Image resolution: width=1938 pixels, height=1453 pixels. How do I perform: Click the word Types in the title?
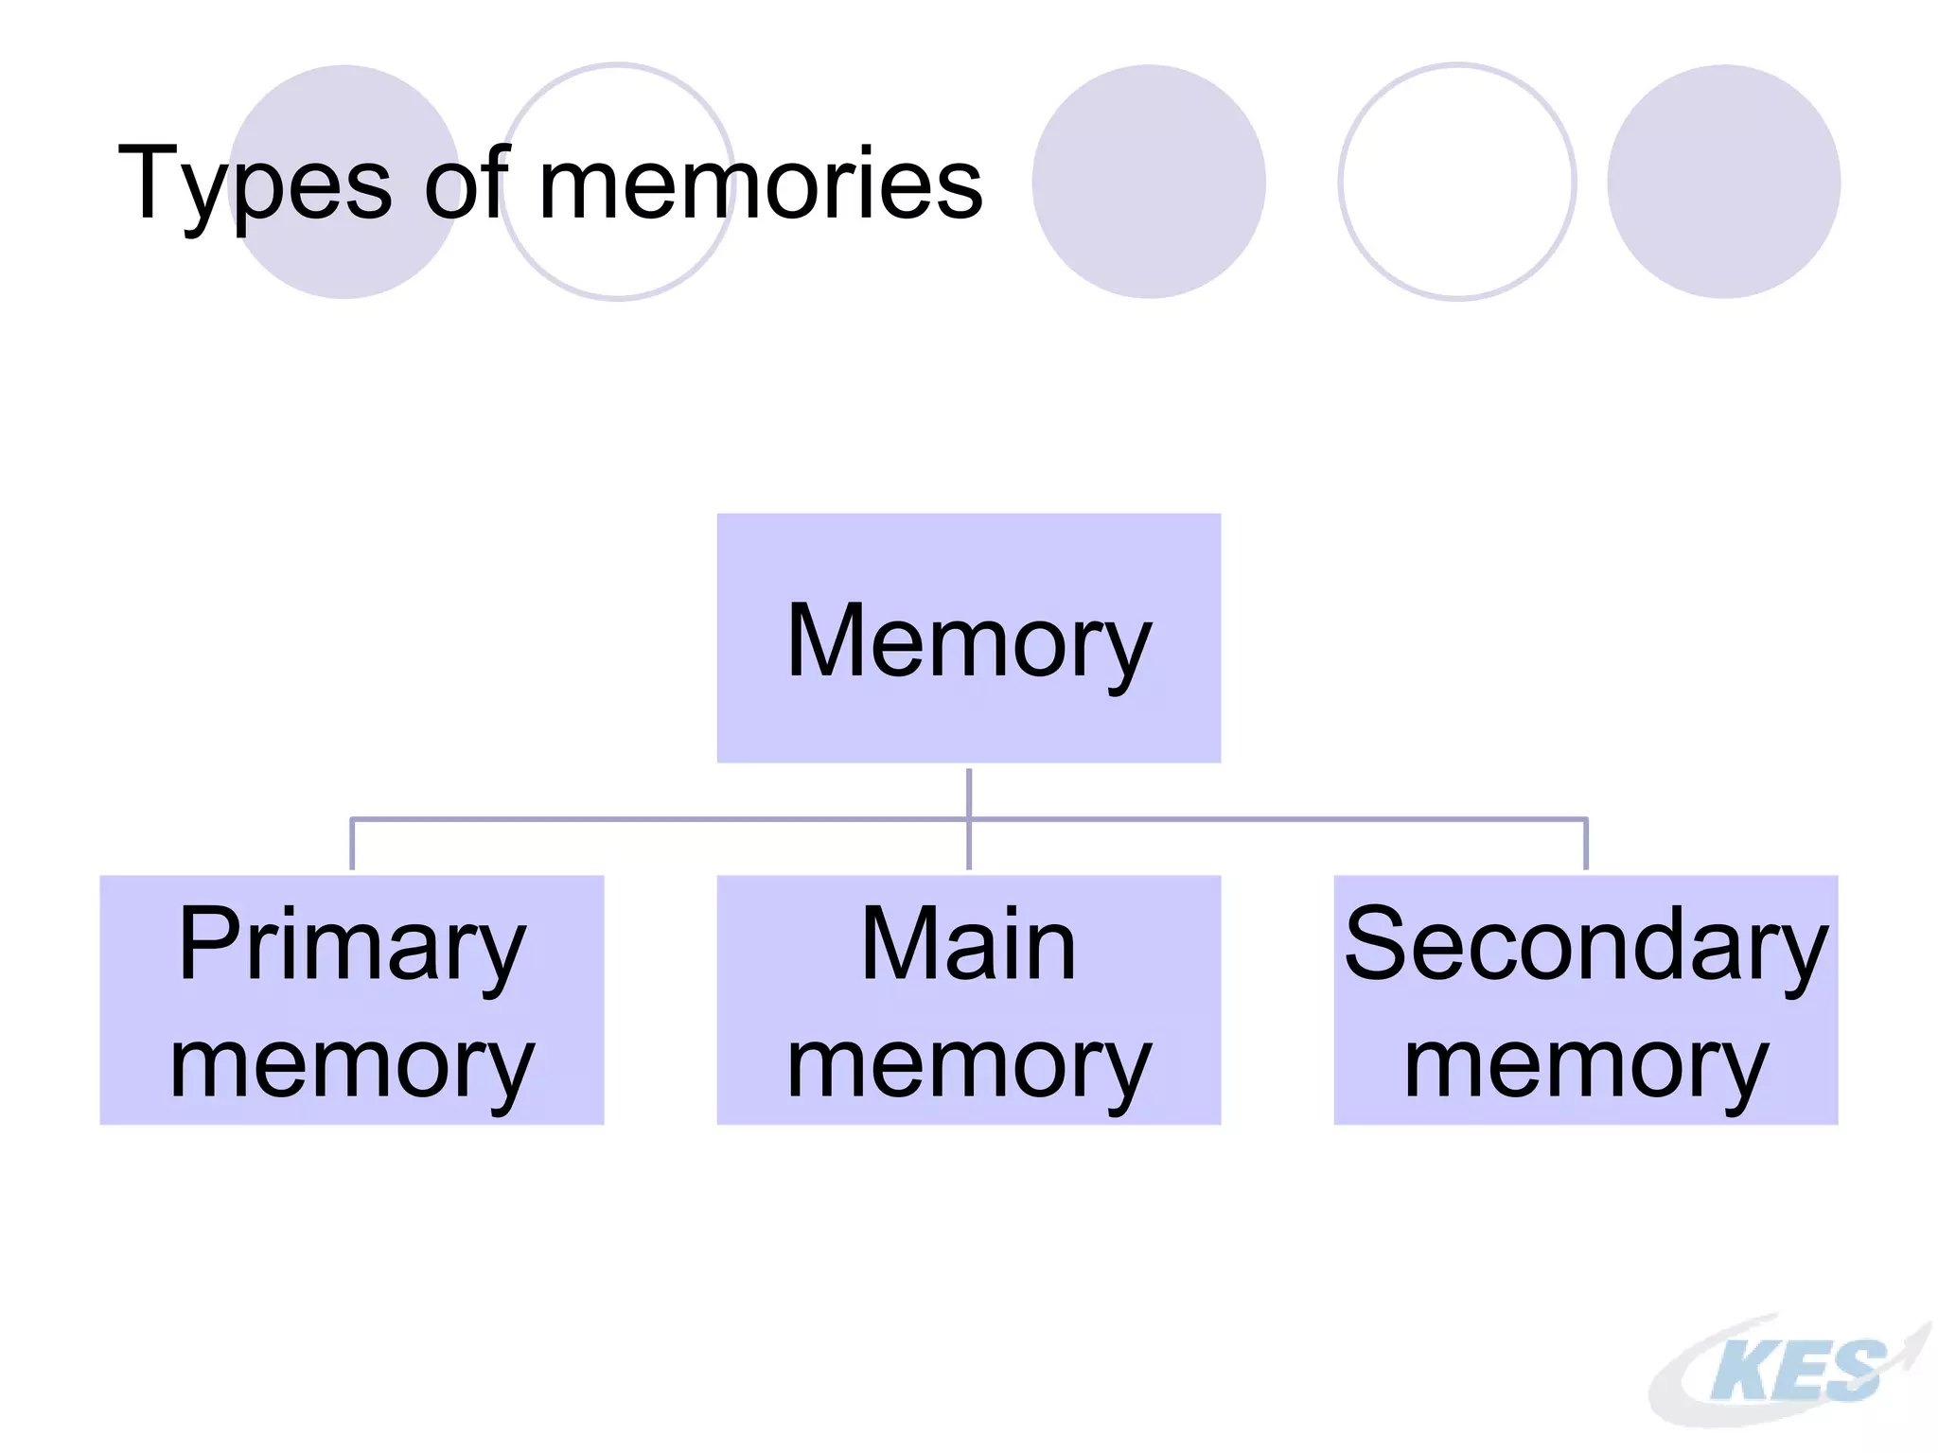(x=254, y=184)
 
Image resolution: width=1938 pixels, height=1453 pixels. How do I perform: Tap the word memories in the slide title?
(x=760, y=184)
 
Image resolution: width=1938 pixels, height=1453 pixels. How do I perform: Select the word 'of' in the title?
(x=466, y=184)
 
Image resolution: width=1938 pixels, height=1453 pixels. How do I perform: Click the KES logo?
(x=1788, y=1371)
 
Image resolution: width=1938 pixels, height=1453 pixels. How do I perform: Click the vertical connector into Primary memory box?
(x=352, y=845)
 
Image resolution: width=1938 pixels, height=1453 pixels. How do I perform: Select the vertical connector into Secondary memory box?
(x=1586, y=845)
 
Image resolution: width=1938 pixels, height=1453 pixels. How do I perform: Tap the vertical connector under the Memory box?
(x=969, y=793)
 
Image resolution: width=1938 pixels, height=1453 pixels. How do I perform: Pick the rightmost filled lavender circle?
(x=1723, y=182)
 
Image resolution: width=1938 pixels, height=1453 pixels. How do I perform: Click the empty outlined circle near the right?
(x=1457, y=182)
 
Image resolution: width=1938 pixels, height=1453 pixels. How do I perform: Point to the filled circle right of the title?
(x=1149, y=182)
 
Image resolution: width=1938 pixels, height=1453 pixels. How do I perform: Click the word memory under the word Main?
(x=968, y=1065)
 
